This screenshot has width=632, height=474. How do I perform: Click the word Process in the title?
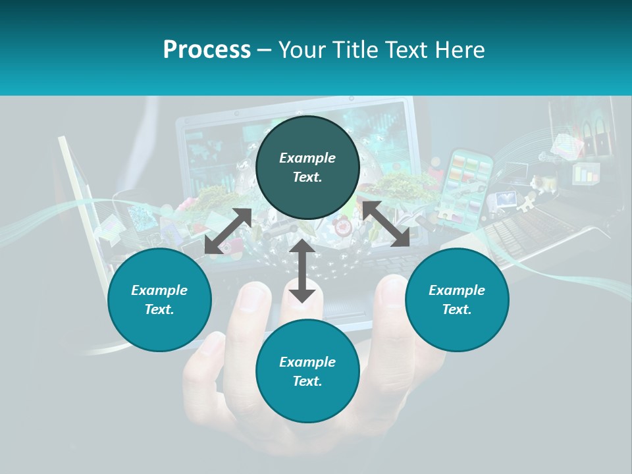207,50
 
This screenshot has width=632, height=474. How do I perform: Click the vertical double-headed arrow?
302,271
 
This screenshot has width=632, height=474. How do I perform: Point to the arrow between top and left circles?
228,230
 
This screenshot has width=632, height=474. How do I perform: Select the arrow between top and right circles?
386,224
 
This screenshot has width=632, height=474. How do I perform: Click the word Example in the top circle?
307,158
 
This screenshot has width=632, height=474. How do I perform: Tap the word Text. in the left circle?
159,309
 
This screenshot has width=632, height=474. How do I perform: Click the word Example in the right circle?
457,290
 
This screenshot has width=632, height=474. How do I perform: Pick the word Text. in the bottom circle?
307,381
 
